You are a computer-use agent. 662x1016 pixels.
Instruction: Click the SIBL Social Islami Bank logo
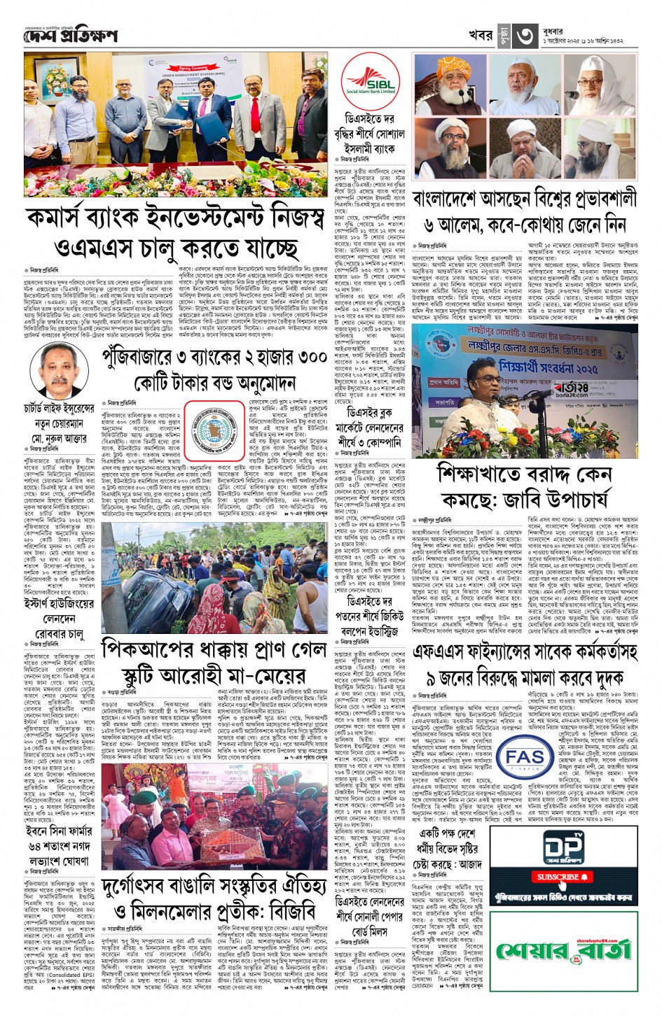tap(370, 82)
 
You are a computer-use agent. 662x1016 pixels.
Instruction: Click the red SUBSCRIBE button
tap(563, 876)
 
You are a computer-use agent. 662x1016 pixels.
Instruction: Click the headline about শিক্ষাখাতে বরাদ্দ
tap(523, 486)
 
